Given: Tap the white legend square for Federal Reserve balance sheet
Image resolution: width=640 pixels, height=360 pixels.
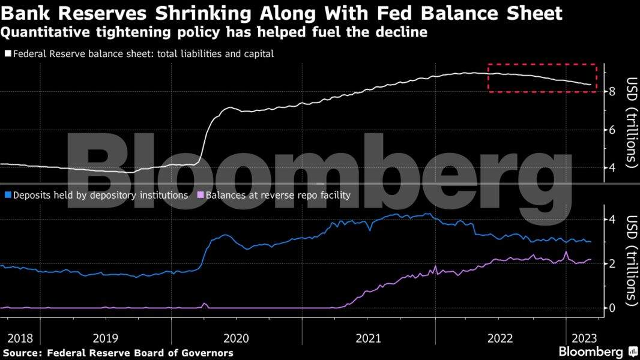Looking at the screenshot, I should coord(8,54).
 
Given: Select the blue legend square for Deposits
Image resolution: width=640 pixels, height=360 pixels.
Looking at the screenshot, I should coord(8,196).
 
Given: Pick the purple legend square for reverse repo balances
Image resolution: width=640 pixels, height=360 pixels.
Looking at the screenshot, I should coord(201,196).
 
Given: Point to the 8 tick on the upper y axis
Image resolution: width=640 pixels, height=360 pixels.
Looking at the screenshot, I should coord(612,92).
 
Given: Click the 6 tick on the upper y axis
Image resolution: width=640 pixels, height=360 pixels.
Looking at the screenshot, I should coord(612,130).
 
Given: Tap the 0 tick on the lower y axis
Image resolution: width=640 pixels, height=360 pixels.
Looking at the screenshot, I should coord(612,308).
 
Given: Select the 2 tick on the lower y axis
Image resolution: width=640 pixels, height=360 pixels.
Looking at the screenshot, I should coord(612,264).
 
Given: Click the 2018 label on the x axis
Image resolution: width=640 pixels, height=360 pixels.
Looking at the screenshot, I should coord(20,338).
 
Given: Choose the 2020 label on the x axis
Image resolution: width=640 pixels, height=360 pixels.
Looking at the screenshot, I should coord(236,338).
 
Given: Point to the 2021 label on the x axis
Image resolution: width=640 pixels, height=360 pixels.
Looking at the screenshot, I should coord(368,338).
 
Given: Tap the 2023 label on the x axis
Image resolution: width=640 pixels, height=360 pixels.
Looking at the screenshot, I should coord(584,338).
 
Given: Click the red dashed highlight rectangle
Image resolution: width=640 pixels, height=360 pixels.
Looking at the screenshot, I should coord(542,64).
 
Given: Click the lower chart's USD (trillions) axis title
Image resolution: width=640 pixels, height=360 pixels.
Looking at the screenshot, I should coord(631,260).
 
